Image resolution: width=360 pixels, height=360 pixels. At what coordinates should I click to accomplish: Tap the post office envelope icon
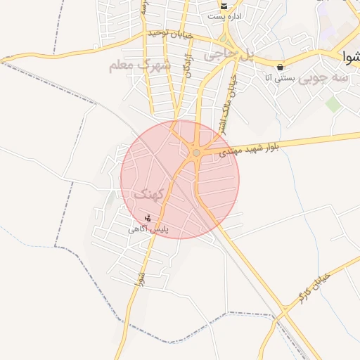[x=223, y=6]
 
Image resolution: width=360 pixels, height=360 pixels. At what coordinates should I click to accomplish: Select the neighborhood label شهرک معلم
[x=140, y=66]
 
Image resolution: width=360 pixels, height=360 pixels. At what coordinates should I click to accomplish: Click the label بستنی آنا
[x=278, y=78]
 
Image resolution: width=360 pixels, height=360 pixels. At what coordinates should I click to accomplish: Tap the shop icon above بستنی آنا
[x=281, y=67]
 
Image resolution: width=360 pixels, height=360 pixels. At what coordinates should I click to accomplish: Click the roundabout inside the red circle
[x=196, y=153]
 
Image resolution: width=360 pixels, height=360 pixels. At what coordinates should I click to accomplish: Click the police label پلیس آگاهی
[x=150, y=229]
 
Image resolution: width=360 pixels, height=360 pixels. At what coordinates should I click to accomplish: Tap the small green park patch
[x=332, y=105]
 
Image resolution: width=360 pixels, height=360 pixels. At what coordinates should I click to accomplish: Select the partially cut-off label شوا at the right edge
[x=350, y=55]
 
